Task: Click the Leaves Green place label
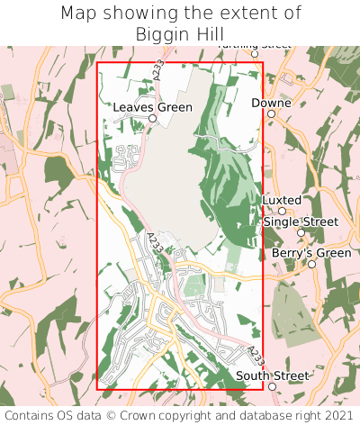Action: pos(152,106)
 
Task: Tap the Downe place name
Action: pos(271,103)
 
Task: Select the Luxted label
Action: pos(282,199)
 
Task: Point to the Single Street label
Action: pos(301,221)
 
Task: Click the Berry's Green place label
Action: pos(310,253)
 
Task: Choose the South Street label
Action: pos(272,375)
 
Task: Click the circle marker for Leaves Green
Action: pos(152,118)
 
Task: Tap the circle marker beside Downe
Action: pos(272,114)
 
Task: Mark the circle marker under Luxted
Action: pos(282,211)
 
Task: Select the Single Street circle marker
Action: pos(301,232)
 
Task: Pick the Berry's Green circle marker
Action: pos(311,265)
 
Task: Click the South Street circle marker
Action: pos(272,386)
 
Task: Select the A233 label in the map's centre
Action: pos(154,241)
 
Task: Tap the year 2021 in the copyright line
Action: pos(337,415)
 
